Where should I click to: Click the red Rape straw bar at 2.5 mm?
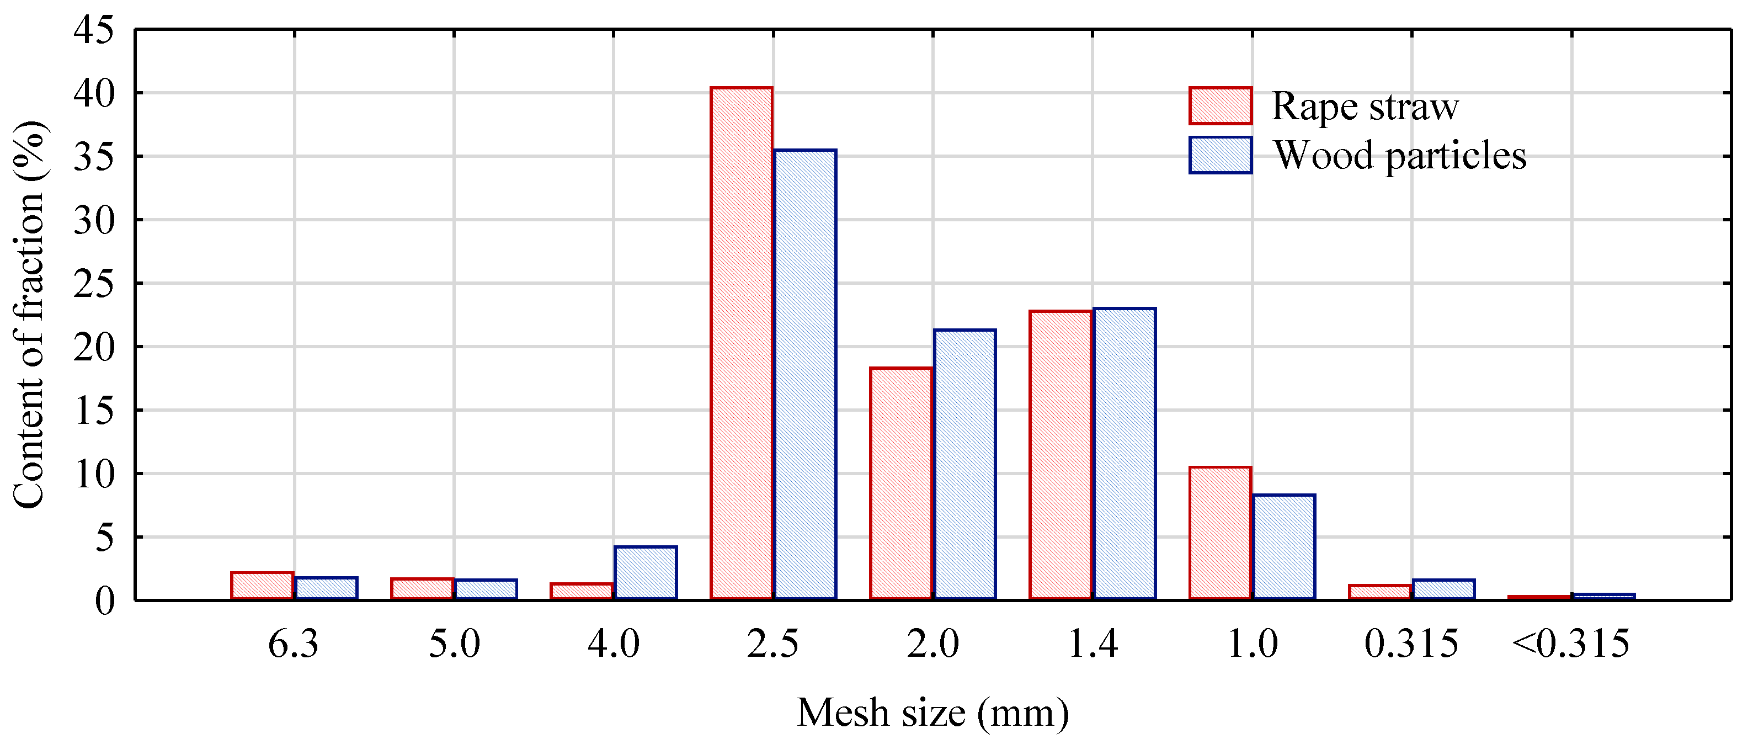pyautogui.click(x=741, y=343)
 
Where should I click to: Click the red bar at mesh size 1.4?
pyautogui.click(x=1060, y=455)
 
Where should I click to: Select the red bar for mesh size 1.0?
pyautogui.click(x=1220, y=533)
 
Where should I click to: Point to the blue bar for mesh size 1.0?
pyautogui.click(x=1284, y=547)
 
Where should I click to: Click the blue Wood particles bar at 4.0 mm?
pyautogui.click(x=646, y=573)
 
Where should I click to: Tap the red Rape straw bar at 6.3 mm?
pyautogui.click(x=262, y=586)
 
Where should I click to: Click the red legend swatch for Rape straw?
pyautogui.click(x=1220, y=106)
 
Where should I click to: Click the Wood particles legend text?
pyautogui.click(x=1400, y=156)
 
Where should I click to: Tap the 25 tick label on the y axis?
pyautogui.click(x=94, y=284)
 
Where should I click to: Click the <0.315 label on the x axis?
pyautogui.click(x=1570, y=644)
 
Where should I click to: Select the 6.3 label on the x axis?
pyautogui.click(x=293, y=644)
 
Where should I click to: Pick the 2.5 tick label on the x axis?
pyautogui.click(x=773, y=644)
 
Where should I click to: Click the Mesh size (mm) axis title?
pyautogui.click(x=932, y=713)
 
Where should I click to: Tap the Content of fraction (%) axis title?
pyautogui.click(x=29, y=314)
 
